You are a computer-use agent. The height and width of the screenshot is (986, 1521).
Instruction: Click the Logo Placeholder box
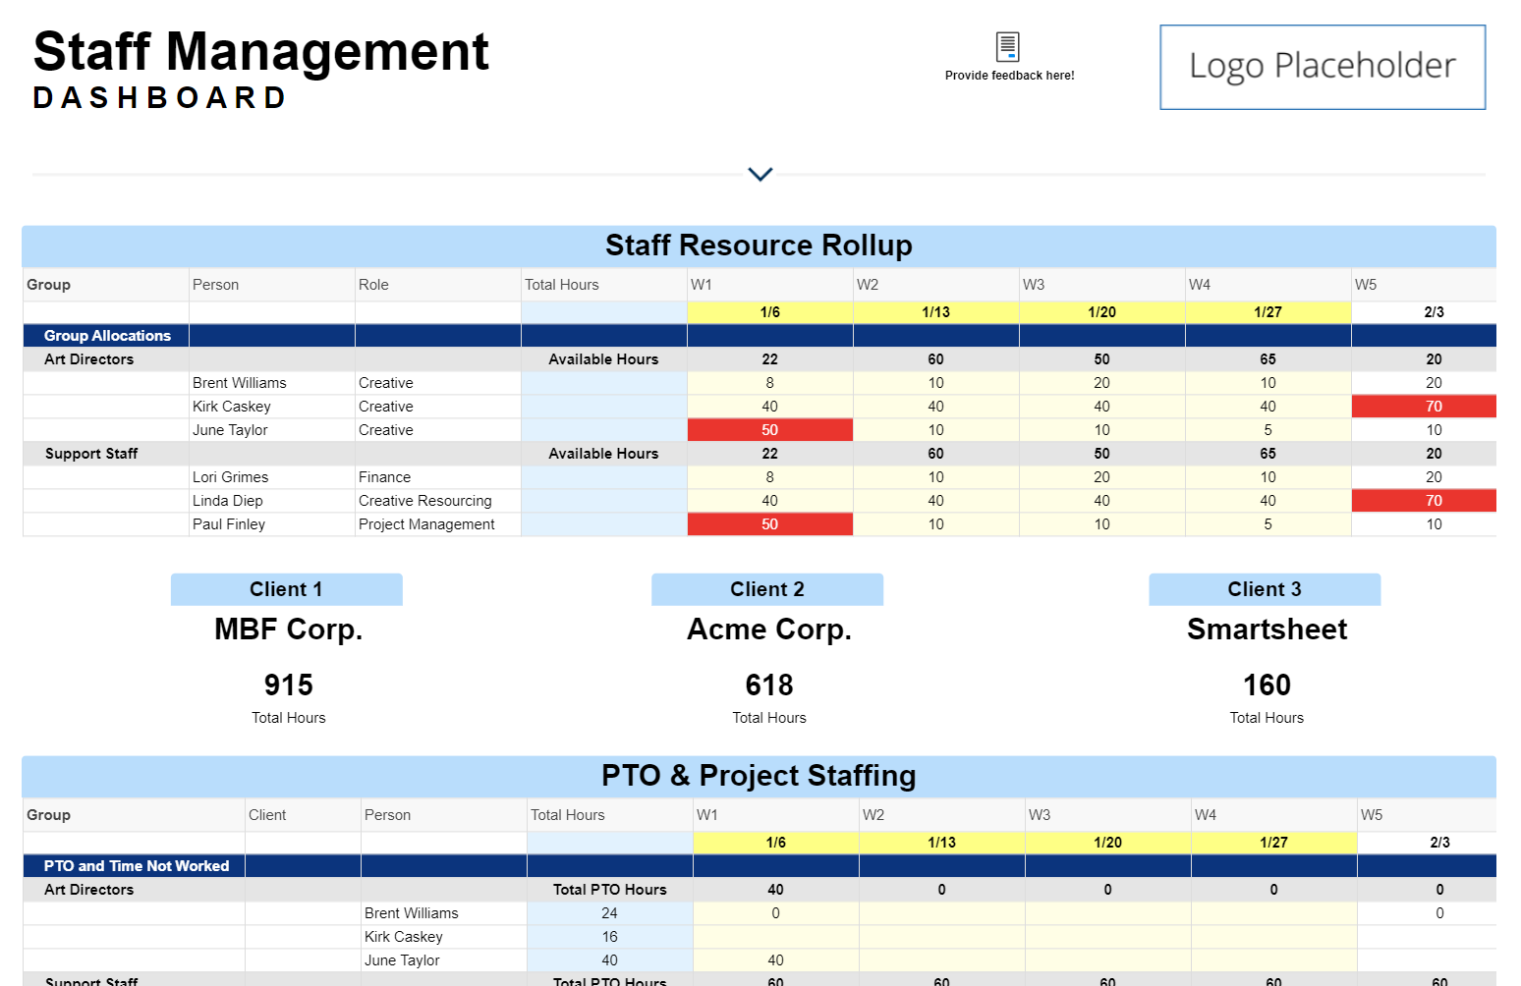click(x=1322, y=67)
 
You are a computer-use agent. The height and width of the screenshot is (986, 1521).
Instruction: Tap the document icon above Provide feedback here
click(x=1008, y=46)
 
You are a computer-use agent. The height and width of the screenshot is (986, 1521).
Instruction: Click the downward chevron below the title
click(x=760, y=174)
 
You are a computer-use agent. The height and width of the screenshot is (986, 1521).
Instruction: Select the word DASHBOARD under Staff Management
click(x=159, y=98)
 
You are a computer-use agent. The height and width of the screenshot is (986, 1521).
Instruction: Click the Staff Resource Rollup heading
click(x=759, y=246)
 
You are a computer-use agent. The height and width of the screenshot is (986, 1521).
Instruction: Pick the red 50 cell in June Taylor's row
click(x=769, y=430)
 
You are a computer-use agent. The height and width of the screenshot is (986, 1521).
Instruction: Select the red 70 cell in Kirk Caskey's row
click(x=1433, y=407)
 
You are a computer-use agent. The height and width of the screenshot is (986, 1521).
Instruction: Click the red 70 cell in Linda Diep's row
click(x=1433, y=501)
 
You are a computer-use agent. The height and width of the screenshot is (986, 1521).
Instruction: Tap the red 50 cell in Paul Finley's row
click(x=769, y=524)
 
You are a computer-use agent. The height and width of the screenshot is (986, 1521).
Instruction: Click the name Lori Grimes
click(x=230, y=477)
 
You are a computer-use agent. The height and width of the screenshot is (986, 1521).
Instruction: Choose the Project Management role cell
click(x=426, y=524)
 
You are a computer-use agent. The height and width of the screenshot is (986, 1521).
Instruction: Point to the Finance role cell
click(x=384, y=477)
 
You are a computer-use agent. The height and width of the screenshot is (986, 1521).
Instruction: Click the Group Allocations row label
click(x=107, y=336)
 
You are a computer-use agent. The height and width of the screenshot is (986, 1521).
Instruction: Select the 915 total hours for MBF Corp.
click(x=288, y=685)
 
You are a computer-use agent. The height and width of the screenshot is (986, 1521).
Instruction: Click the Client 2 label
click(x=766, y=589)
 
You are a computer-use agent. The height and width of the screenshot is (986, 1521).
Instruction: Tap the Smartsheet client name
click(x=1267, y=630)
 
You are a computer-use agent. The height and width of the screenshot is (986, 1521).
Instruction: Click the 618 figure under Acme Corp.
click(x=768, y=685)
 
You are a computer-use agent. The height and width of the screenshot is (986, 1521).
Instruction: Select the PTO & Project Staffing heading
click(x=759, y=776)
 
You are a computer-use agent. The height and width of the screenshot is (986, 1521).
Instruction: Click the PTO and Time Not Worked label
click(x=136, y=866)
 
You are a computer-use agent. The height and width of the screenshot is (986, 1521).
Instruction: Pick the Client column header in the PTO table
click(x=267, y=815)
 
